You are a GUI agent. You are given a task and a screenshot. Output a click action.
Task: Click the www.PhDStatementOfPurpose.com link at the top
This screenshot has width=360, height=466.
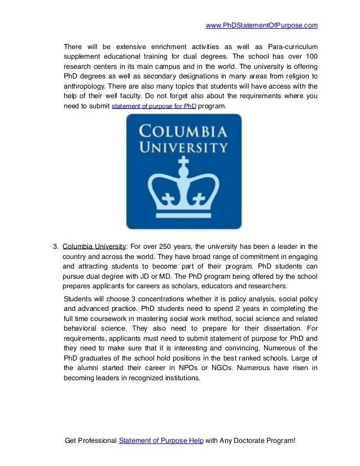[x=262, y=25]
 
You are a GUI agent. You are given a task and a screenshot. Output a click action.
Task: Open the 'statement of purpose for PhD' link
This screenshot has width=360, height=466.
[x=154, y=106]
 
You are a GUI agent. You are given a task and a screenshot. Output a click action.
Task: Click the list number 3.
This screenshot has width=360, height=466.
[x=55, y=246]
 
